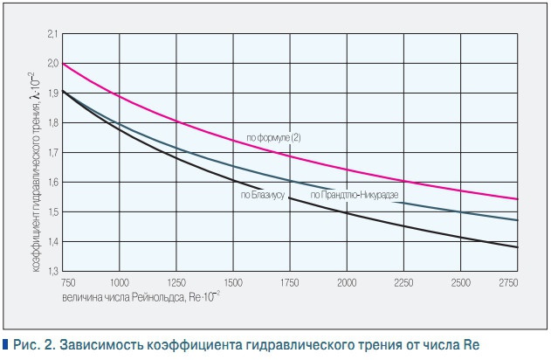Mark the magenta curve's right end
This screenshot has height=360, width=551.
pos(517,199)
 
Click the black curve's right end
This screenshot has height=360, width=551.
pos(517,247)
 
